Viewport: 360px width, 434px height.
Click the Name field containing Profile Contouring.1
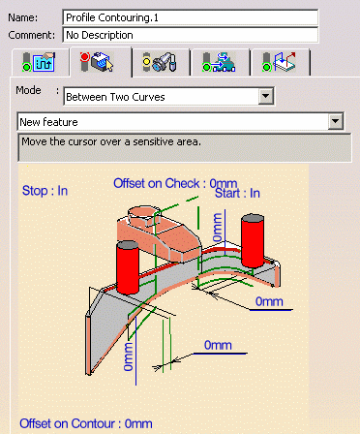coord(190,17)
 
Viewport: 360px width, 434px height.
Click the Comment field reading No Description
coord(190,35)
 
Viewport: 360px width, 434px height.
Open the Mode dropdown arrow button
coord(266,96)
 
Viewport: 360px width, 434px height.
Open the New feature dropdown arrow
coord(336,121)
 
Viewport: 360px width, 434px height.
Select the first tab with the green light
coord(40,62)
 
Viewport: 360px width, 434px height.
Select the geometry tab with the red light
coord(101,62)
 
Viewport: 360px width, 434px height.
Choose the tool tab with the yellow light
coord(161,62)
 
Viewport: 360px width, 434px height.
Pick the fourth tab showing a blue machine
coord(220,62)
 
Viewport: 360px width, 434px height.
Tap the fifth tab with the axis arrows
coord(280,62)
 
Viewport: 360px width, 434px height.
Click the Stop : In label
coord(45,191)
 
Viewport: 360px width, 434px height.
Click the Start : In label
coord(237,194)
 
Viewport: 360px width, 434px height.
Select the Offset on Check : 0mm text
coord(175,183)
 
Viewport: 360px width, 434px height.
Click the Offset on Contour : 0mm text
coord(86,423)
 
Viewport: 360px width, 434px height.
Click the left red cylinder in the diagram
coord(128,267)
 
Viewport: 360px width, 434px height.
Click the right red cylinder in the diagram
coord(253,240)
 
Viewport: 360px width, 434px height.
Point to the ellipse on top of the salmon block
coord(144,213)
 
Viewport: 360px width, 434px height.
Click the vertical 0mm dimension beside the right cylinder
coord(218,228)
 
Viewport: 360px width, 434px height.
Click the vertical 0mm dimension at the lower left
coord(129,356)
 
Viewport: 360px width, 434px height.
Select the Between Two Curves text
coord(115,97)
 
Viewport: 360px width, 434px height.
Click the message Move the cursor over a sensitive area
coord(111,141)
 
